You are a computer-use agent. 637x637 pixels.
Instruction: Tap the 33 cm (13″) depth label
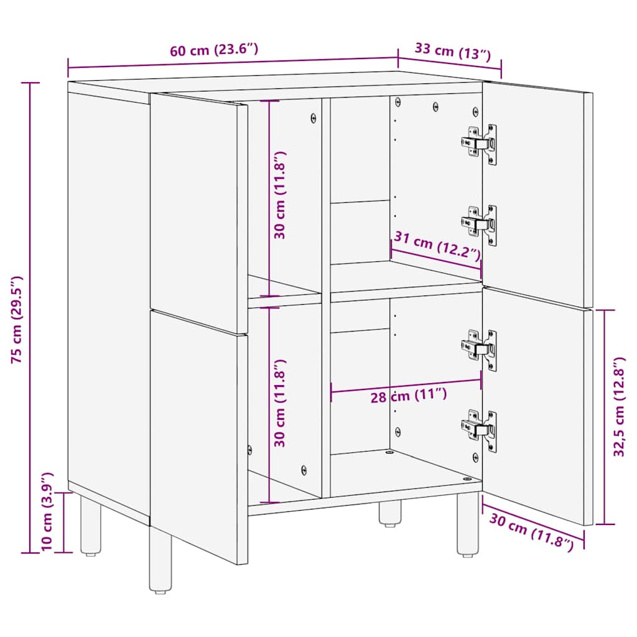pos(449,51)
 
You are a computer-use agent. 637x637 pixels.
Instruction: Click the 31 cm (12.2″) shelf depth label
pos(436,246)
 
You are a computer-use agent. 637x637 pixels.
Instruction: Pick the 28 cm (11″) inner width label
pos(408,396)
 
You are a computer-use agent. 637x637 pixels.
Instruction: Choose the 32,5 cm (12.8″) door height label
pos(618,416)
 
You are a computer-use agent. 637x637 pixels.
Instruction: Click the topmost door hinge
pos(480,144)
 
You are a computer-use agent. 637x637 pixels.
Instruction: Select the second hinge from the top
pos(480,225)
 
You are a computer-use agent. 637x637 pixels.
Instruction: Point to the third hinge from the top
pos(480,350)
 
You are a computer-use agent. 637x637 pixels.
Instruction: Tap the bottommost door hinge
pos(480,429)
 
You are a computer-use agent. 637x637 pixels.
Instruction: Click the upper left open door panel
pos(198,212)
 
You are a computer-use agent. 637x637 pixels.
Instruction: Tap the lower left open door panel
pos(198,435)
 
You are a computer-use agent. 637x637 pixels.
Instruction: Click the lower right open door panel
pos(536,404)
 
